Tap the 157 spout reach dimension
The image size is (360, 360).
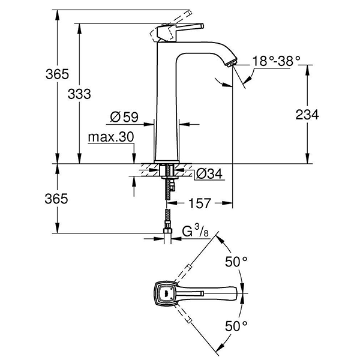tap(199, 203)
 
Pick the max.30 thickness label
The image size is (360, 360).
tap(110, 137)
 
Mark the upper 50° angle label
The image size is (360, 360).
tap(236, 262)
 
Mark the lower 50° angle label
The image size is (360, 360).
tap(236, 326)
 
